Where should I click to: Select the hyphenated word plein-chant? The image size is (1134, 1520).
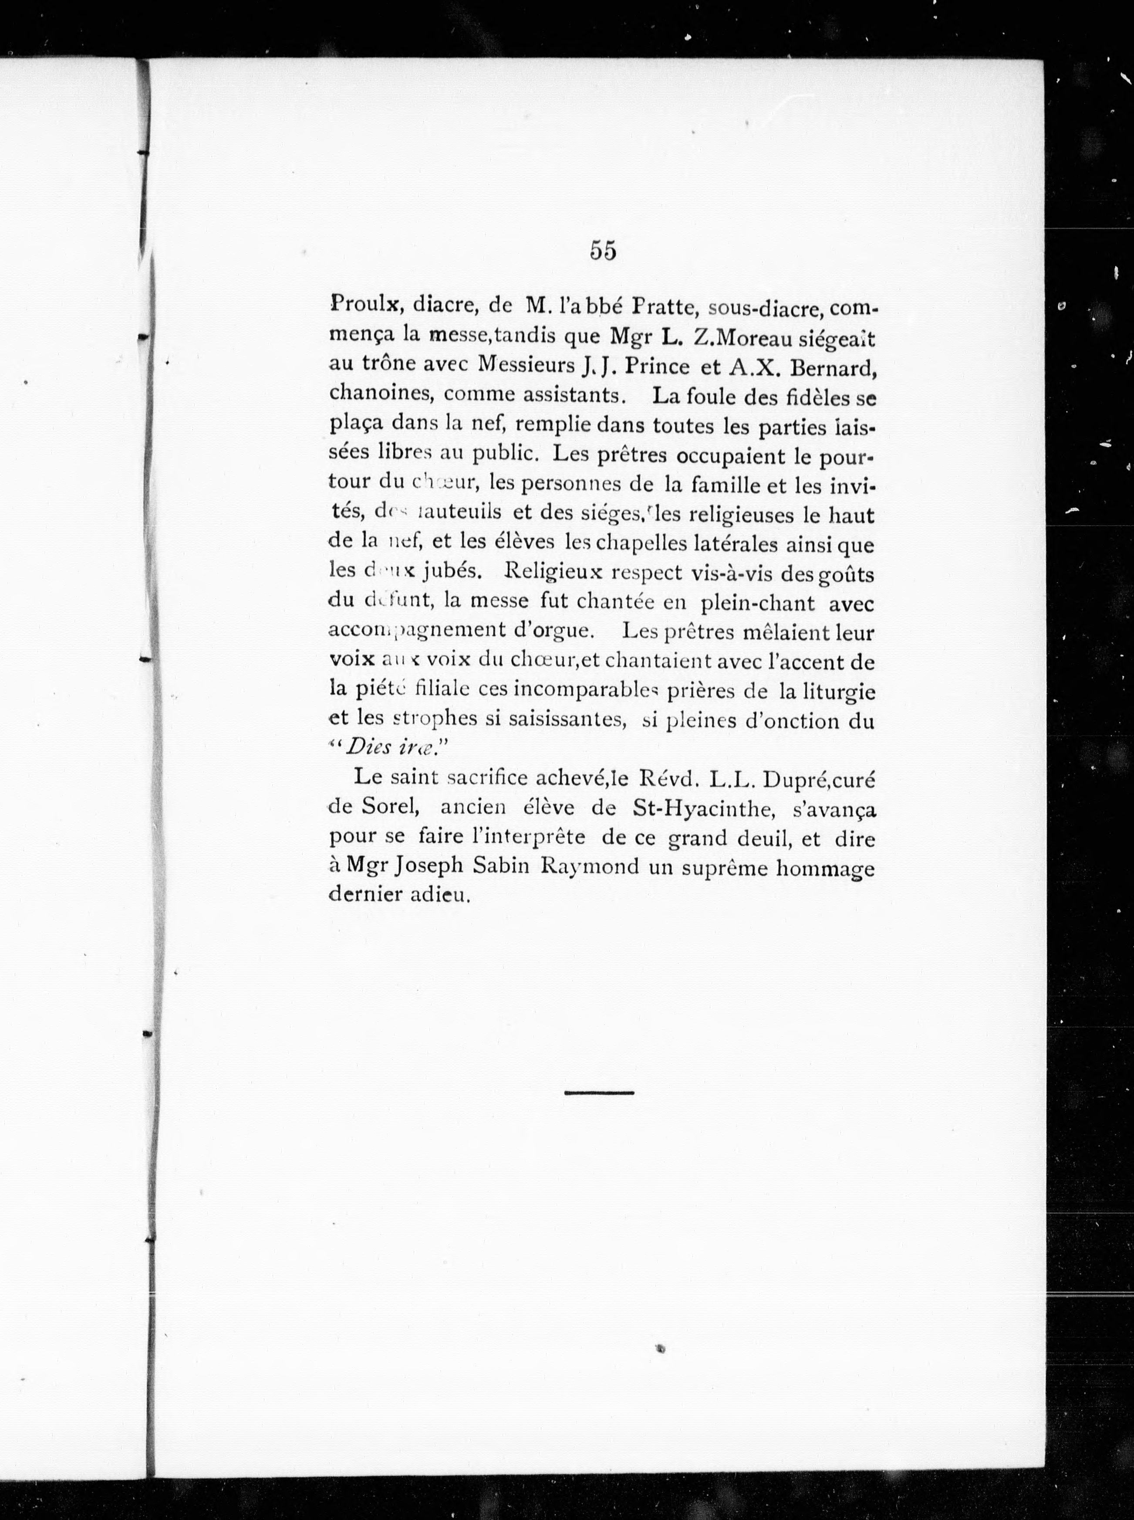click(x=757, y=603)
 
